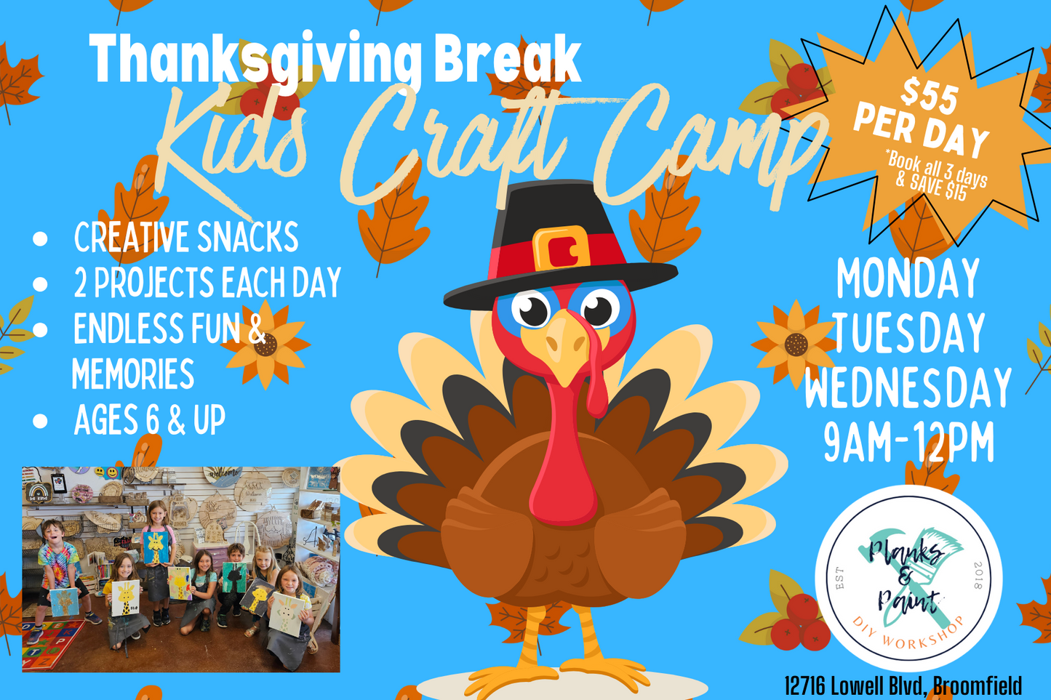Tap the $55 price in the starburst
pos(930,96)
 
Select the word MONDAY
pos(908,278)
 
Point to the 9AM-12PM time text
pos(909,443)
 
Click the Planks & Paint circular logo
pos(908,579)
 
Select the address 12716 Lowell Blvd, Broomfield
pos(903,686)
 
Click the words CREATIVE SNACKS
pos(186,237)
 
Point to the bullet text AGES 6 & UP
pos(150,419)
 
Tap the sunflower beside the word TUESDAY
pos(795,344)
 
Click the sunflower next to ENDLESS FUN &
pos(265,345)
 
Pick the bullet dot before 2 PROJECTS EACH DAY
pos(40,283)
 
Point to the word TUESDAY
pos(909,334)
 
